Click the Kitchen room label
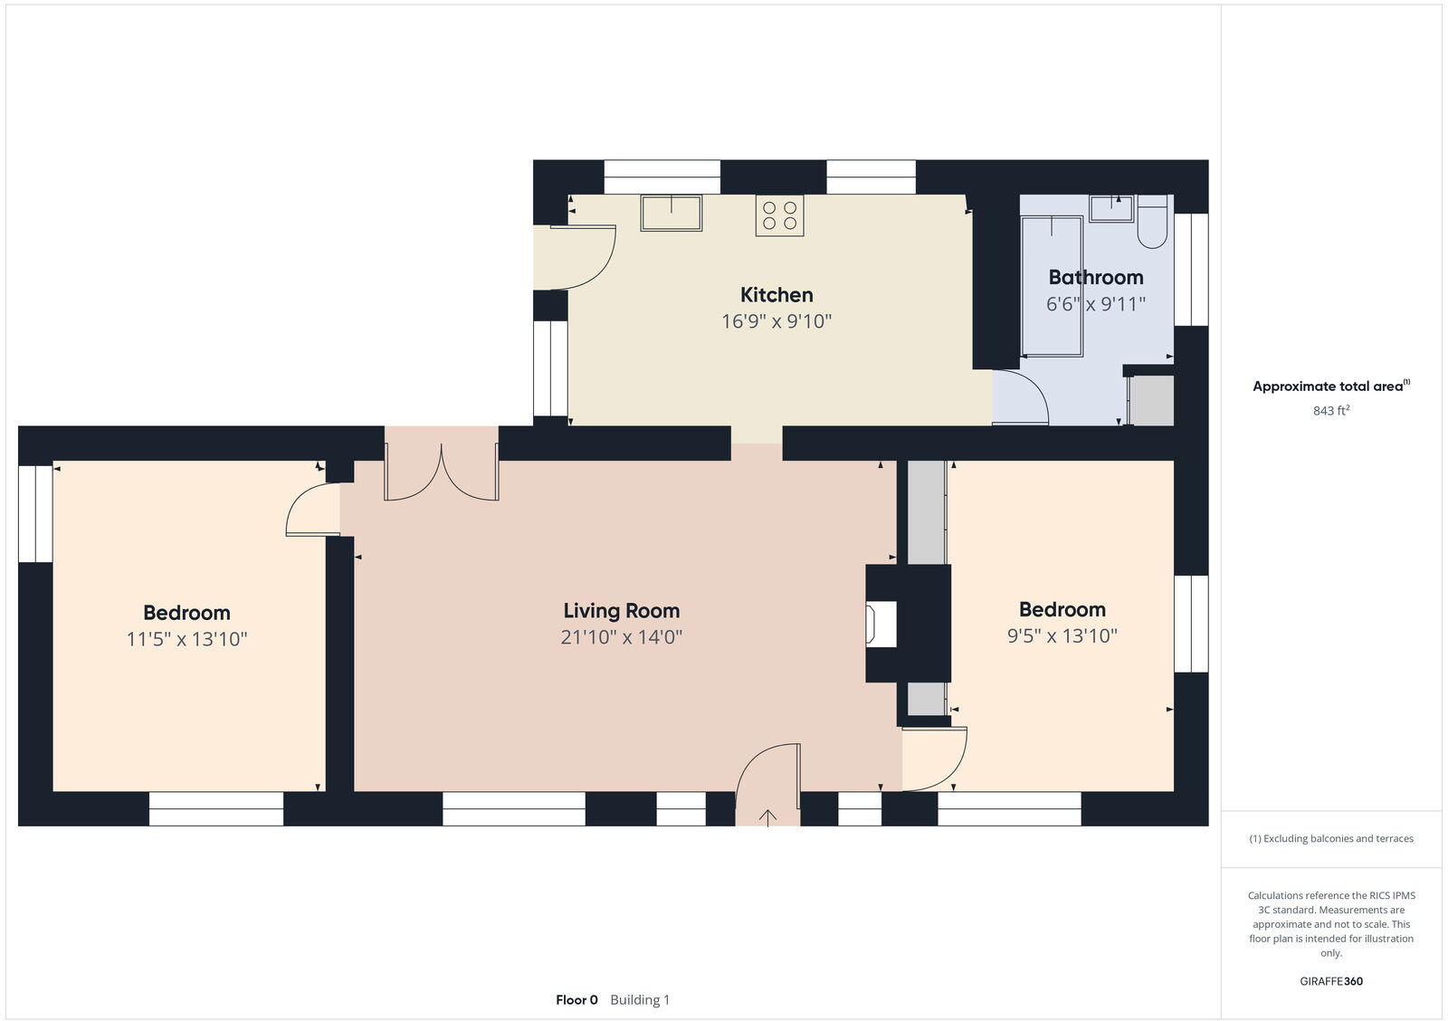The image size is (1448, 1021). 776,294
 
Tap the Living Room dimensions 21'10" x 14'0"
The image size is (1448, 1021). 621,637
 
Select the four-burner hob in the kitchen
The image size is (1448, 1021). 779,215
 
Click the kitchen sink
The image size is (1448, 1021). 671,214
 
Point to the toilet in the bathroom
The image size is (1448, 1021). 1153,224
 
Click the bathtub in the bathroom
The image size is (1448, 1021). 1052,286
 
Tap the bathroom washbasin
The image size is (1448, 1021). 1111,208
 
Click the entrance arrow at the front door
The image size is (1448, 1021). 767,817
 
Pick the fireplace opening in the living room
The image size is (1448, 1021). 881,625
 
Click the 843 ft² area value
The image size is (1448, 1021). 1331,411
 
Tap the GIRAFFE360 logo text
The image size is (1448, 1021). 1331,981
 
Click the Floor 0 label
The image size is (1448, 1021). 576,1000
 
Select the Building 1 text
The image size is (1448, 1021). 640,1000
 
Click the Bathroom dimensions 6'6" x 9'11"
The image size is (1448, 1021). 1096,304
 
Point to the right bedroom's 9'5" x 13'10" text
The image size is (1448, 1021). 1062,636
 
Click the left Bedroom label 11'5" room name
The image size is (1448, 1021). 186,613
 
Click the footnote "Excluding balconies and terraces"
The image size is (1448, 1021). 1331,839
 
